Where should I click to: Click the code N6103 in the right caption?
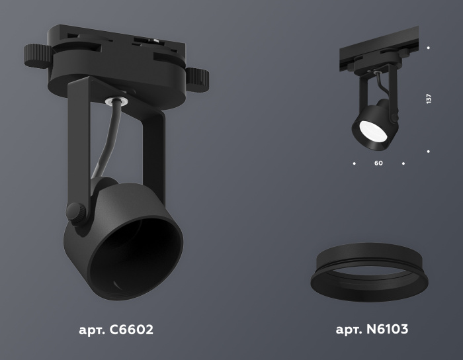tap(391, 330)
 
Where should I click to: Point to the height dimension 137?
tap(429, 99)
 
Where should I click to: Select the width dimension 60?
tap(378, 163)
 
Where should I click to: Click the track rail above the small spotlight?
tap(377, 50)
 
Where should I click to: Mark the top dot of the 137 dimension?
tap(429, 48)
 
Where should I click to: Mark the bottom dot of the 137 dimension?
tap(429, 151)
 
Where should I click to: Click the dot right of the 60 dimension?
tap(403, 163)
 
